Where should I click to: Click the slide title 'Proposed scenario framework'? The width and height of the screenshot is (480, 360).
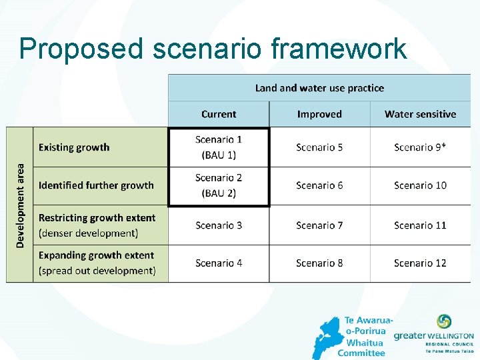(213, 49)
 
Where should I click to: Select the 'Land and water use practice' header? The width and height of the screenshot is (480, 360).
(319, 88)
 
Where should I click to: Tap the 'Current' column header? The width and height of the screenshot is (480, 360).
(219, 114)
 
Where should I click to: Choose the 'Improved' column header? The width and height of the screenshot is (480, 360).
(319, 114)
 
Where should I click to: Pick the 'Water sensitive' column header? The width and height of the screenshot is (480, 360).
(420, 114)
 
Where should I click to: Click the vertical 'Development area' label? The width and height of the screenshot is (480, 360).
(20, 205)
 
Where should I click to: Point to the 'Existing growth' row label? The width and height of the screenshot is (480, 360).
(74, 147)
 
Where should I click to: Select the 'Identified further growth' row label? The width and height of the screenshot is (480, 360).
(96, 185)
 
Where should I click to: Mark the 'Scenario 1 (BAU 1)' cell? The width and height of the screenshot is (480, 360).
(219, 147)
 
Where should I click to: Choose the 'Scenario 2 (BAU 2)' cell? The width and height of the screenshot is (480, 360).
(219, 185)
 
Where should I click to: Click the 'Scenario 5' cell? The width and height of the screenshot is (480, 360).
(319, 147)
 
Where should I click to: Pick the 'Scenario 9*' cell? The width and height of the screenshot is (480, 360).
(420, 147)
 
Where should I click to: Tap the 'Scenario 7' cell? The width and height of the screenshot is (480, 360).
(319, 225)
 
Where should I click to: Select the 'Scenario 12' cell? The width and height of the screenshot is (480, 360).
(420, 263)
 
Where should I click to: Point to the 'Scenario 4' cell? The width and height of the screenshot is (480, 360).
(219, 263)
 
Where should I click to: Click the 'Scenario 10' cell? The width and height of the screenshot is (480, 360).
(420, 185)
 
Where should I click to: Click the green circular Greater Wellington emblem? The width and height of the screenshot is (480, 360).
(444, 322)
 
